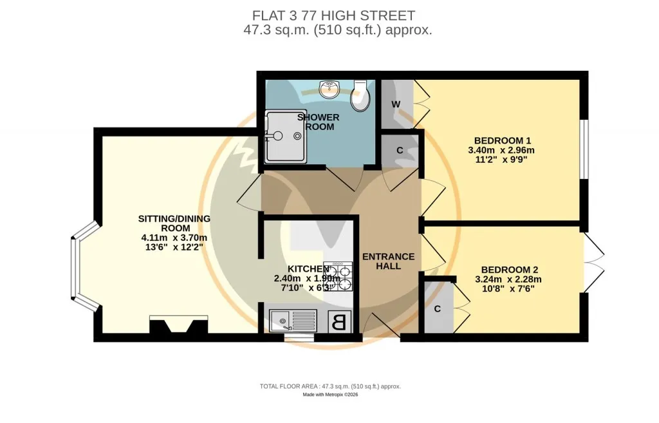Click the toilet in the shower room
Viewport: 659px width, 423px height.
(360, 96)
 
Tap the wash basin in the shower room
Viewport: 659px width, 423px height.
(329, 89)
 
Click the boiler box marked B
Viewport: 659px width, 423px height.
(339, 323)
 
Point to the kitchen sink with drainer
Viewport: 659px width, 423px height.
(293, 321)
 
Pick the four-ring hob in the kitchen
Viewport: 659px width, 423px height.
(339, 277)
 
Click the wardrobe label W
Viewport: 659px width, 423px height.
(396, 104)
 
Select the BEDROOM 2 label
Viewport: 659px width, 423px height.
(510, 270)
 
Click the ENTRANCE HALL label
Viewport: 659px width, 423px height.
(388, 261)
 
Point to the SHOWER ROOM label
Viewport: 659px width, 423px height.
(319, 122)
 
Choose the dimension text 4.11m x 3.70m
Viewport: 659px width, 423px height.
(174, 238)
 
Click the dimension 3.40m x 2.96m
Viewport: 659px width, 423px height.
(501, 150)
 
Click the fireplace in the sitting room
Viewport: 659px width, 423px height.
(179, 324)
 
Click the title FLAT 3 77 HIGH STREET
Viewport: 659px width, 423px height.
(334, 15)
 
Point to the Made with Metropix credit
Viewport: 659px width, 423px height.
(330, 395)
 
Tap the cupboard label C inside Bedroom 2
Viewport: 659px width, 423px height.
(438, 309)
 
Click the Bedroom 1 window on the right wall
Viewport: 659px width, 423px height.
(584, 150)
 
